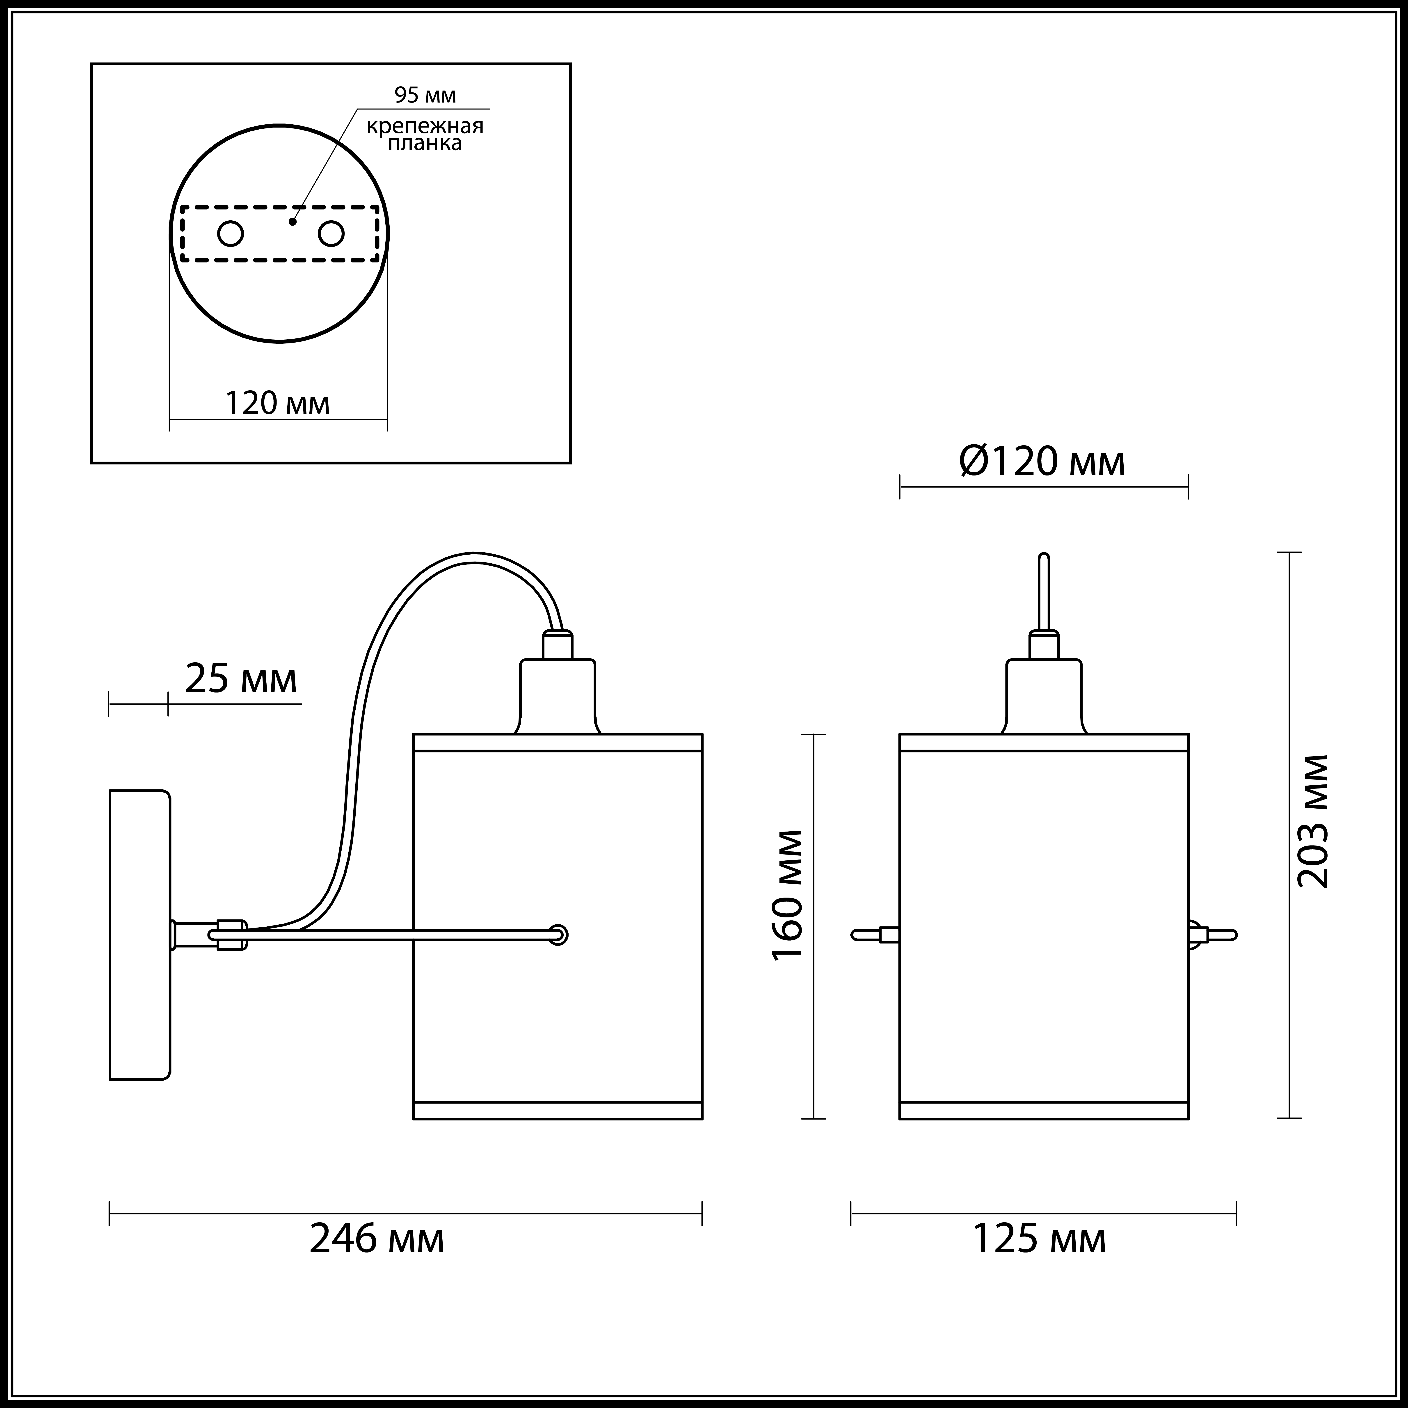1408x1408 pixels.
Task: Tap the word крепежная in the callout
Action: click(x=425, y=126)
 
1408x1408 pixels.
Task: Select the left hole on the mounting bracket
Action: click(x=230, y=234)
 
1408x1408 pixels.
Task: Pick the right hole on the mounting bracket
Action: click(x=331, y=234)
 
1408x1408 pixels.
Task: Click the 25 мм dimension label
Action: click(x=241, y=679)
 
